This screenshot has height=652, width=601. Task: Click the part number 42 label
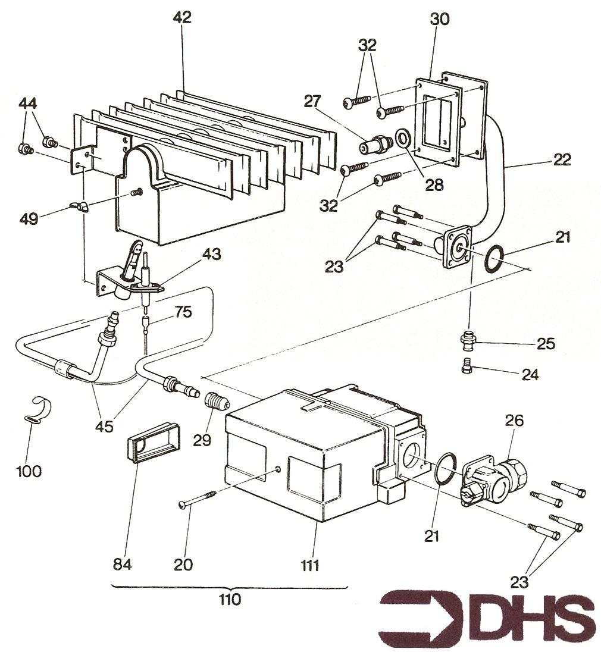[x=183, y=17]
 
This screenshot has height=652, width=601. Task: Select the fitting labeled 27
[x=375, y=146]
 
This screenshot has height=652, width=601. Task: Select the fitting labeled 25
[x=468, y=339]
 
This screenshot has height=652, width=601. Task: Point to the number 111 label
[x=309, y=566]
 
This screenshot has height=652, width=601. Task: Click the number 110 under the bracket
[x=230, y=600]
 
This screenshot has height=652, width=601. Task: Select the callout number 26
[x=514, y=421]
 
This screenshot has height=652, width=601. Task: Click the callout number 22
[x=562, y=159]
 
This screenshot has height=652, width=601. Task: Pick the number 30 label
[x=440, y=19]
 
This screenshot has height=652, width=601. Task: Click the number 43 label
[x=212, y=254]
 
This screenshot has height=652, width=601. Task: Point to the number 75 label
[x=183, y=312]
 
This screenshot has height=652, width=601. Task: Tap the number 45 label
[x=104, y=427]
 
